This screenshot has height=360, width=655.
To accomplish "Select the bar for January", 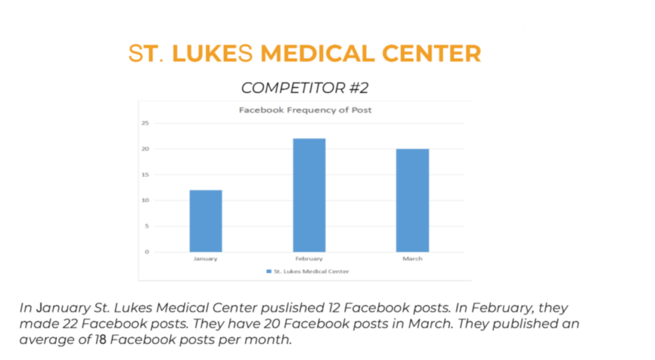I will (205, 221).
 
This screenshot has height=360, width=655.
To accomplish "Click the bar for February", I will (309, 195).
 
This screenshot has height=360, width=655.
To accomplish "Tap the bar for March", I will (413, 200).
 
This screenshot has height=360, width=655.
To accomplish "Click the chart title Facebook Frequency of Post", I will (305, 110).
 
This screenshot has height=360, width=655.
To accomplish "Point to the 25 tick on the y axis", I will (145, 123).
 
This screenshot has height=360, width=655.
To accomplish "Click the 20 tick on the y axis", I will (145, 149).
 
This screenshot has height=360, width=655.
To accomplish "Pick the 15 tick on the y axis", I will (145, 175).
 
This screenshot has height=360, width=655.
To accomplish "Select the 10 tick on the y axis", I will (145, 200).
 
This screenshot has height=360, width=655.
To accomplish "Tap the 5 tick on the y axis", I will (146, 226).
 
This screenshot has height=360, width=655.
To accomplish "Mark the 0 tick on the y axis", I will (146, 251).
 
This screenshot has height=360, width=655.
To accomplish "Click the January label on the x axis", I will (205, 259).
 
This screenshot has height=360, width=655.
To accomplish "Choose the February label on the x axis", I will (309, 259).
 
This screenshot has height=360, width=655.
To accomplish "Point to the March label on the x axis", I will (413, 259).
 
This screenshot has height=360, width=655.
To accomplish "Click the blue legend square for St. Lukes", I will (269, 271).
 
